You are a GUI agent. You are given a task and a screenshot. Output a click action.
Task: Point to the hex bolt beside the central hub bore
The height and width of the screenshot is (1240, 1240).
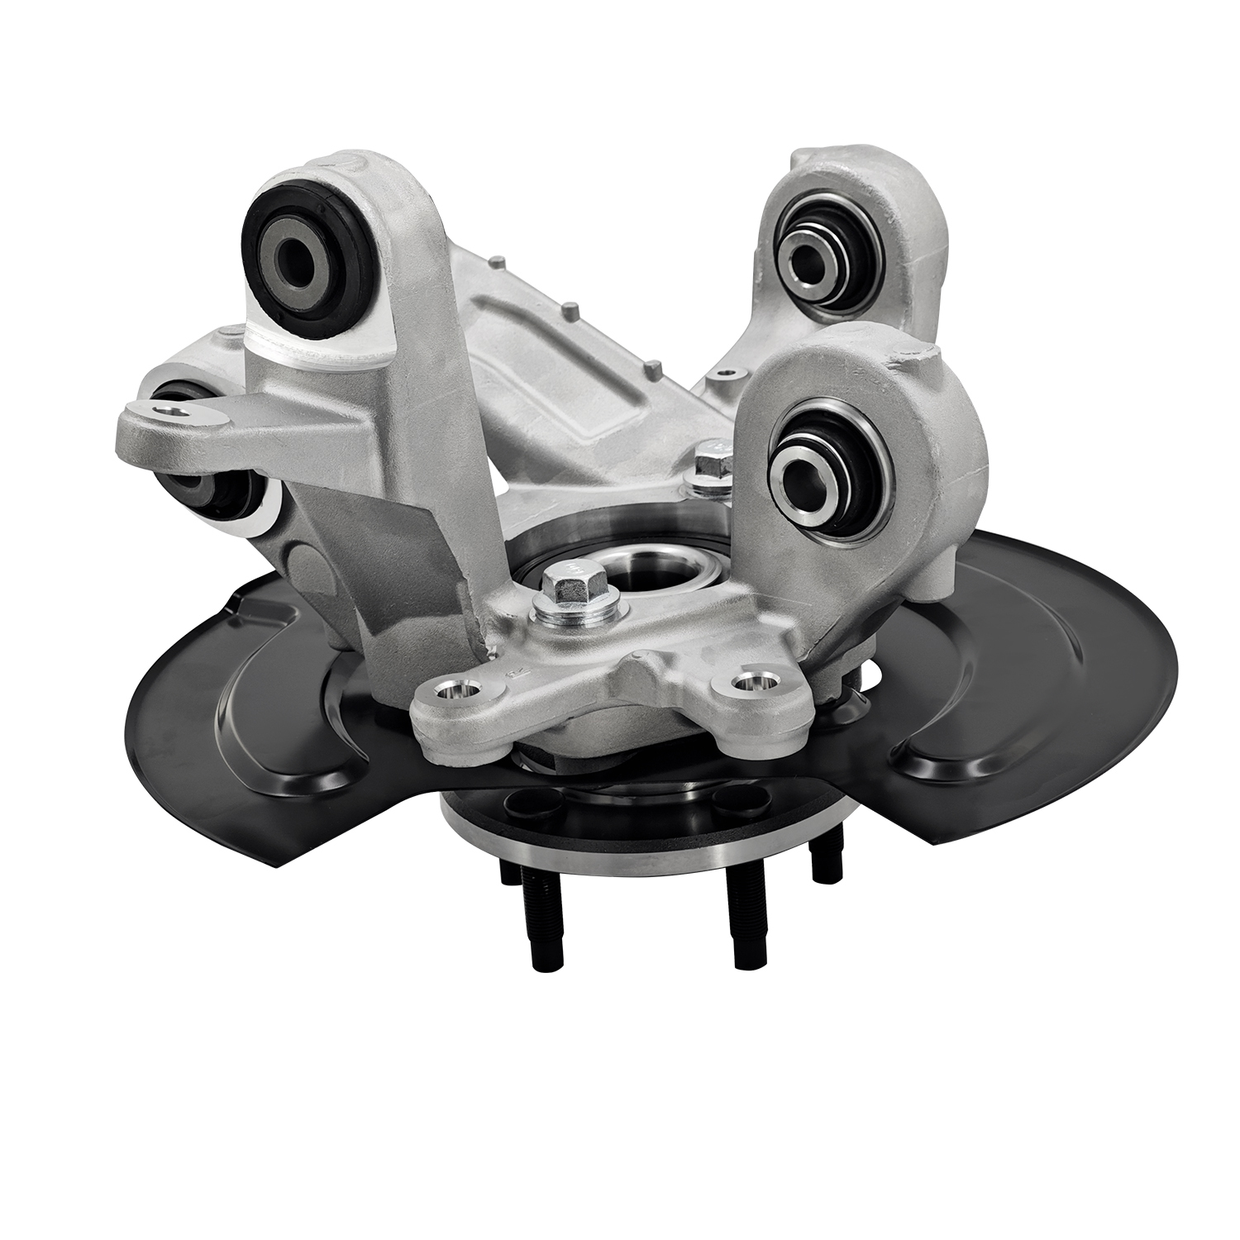pyautogui.click(x=569, y=585)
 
